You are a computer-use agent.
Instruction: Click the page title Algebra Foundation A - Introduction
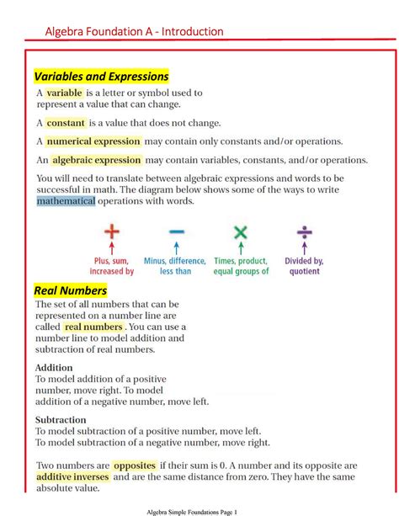pyautogui.click(x=134, y=31)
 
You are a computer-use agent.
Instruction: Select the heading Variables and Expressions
pyautogui.click(x=101, y=77)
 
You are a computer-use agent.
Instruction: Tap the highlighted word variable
pyautogui.click(x=64, y=93)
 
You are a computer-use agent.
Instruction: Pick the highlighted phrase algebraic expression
pyautogui.click(x=96, y=160)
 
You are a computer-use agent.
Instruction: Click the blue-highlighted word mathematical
pyautogui.click(x=66, y=202)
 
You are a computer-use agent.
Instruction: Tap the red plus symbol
pyautogui.click(x=111, y=231)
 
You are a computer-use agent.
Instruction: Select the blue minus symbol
pyautogui.click(x=176, y=232)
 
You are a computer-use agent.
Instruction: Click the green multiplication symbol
pyautogui.click(x=241, y=231)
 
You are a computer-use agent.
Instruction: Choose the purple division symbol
pyautogui.click(x=305, y=231)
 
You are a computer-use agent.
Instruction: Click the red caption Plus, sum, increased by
pyautogui.click(x=111, y=266)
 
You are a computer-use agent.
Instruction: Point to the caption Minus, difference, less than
pyautogui.click(x=176, y=266)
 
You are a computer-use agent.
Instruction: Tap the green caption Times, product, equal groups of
pyautogui.click(x=241, y=266)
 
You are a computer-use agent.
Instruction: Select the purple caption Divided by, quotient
pyautogui.click(x=305, y=266)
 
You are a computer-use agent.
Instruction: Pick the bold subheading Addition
pyautogui.click(x=54, y=368)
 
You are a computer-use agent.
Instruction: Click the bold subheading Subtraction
pyautogui.click(x=61, y=419)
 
